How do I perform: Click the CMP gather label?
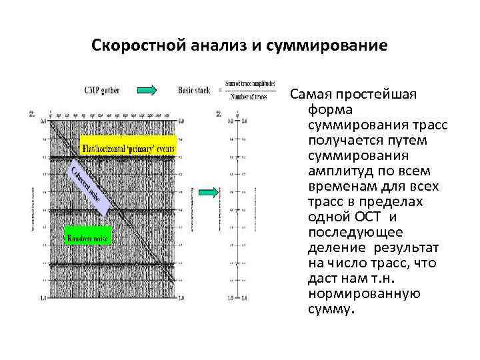[102, 90]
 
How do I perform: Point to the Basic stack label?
[196, 90]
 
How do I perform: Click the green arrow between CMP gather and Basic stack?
[147, 90]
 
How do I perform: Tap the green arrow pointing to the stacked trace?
[209, 193]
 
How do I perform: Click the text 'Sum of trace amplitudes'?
[250, 83]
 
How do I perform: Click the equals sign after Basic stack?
[221, 91]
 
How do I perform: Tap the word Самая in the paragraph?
[311, 94]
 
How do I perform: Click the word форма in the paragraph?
[327, 109]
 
